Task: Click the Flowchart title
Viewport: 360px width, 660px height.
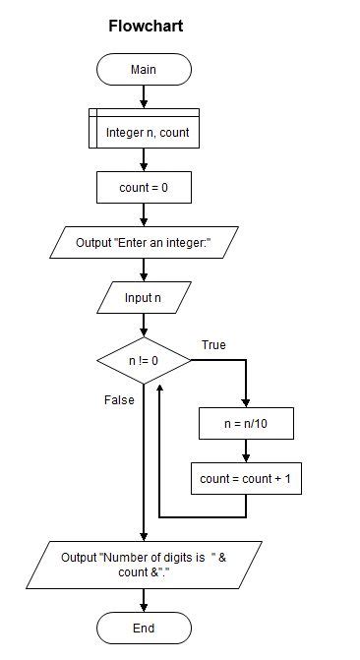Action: (x=146, y=27)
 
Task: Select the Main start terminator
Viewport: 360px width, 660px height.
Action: (x=144, y=69)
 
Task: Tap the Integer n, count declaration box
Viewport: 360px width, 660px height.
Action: (x=144, y=129)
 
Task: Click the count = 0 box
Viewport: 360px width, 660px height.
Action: (x=144, y=187)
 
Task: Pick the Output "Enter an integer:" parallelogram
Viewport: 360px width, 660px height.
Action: (x=144, y=242)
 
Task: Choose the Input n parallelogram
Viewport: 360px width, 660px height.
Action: (x=144, y=298)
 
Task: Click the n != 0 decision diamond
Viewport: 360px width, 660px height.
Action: (x=144, y=361)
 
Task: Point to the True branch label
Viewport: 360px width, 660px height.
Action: (x=213, y=345)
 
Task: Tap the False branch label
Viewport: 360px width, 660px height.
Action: (x=119, y=400)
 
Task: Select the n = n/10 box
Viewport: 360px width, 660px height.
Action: (x=246, y=424)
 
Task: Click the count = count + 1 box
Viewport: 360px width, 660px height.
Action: (x=246, y=479)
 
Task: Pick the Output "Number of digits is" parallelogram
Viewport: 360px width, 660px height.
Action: (x=144, y=565)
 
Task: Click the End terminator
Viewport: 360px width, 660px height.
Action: (x=144, y=628)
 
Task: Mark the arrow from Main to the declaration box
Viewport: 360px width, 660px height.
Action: (x=144, y=96)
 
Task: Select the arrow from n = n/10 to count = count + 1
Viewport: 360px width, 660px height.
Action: (x=246, y=451)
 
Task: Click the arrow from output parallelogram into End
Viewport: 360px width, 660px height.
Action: (x=144, y=600)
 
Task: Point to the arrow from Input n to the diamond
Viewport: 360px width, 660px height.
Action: (x=144, y=326)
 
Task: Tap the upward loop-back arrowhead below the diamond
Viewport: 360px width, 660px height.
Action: (x=159, y=388)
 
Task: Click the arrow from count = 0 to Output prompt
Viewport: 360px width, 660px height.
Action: (x=144, y=214)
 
